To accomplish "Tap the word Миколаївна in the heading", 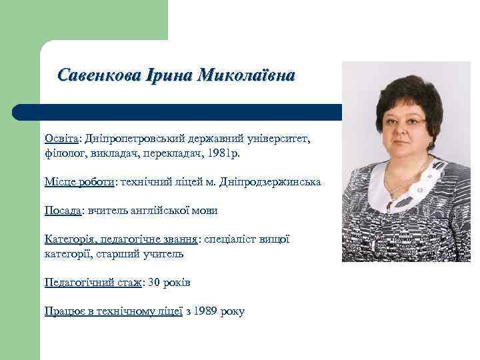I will (246, 75).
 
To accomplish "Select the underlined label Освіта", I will (61, 138).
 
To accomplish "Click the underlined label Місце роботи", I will (79, 181).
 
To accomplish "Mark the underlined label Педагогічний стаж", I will (93, 283).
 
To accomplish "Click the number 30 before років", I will (154, 283).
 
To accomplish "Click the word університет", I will (278, 138).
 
